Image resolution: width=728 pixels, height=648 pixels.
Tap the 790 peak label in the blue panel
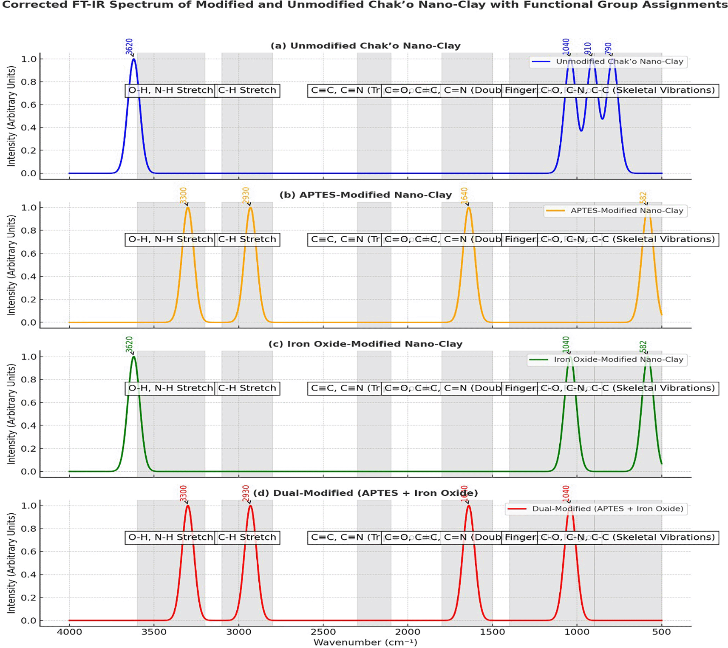click(x=608, y=48)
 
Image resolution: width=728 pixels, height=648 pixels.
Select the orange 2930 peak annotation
click(x=246, y=195)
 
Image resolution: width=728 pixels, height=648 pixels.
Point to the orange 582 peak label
click(x=643, y=198)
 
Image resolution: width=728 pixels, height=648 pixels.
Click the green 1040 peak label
click(x=566, y=344)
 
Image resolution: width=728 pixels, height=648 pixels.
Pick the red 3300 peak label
click(x=183, y=493)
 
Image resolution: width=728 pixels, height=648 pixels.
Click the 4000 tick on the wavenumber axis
click(x=69, y=632)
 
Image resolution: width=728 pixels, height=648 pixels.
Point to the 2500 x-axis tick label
click(x=323, y=632)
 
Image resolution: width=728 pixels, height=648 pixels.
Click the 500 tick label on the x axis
click(x=661, y=632)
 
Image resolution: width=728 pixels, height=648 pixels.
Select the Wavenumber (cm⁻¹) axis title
click(x=365, y=642)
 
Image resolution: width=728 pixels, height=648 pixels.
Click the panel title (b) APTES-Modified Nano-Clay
click(x=365, y=195)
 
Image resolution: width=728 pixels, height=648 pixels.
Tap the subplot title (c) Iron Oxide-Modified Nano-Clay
click(x=365, y=344)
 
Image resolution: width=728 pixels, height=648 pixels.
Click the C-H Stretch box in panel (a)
click(x=247, y=90)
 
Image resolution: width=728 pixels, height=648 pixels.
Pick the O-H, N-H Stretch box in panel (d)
click(x=170, y=537)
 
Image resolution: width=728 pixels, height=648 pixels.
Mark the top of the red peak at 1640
click(x=468, y=505)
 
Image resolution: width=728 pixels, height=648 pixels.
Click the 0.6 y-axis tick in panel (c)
click(x=29, y=402)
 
